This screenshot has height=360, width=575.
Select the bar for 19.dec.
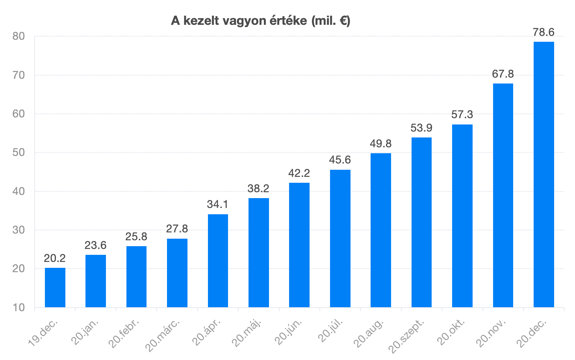click(55, 288)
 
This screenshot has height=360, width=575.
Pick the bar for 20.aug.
click(381, 230)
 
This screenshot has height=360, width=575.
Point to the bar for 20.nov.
click(503, 195)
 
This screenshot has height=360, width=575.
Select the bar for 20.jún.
click(299, 245)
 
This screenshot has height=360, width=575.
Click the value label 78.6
click(543, 32)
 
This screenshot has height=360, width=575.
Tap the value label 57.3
click(462, 115)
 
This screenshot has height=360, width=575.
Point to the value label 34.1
click(218, 204)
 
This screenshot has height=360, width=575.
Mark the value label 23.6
click(96, 245)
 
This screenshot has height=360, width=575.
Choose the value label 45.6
click(340, 160)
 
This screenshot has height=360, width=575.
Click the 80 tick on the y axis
click(19, 36)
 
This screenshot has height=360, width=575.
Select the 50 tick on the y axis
click(19, 152)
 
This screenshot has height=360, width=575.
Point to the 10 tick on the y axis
click(19, 308)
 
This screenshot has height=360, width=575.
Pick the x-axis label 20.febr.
click(124, 333)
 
